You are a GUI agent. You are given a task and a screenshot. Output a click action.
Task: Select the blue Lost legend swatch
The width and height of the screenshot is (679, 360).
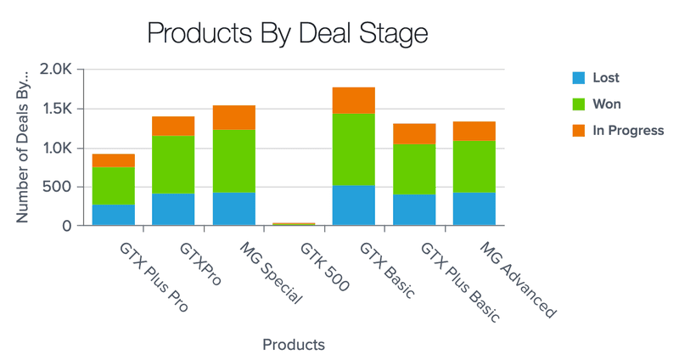pos(579,78)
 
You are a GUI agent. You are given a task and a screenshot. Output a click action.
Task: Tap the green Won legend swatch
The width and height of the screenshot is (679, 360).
pos(579,104)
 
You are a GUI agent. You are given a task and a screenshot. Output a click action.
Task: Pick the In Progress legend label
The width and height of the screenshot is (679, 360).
pos(628,131)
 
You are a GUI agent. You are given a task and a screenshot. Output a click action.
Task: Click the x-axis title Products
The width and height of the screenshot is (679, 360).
pos(294,345)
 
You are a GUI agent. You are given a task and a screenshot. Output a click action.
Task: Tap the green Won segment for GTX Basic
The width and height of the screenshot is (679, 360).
pos(354,149)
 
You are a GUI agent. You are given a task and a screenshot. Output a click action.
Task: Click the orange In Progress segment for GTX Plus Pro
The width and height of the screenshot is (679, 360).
pos(114,160)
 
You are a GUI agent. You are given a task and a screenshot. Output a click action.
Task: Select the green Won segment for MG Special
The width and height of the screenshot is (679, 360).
pos(234,161)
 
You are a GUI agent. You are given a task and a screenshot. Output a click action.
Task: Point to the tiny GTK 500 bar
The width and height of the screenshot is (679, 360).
pos(294,223)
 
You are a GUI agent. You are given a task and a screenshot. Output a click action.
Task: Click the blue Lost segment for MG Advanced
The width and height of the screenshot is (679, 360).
pos(474,209)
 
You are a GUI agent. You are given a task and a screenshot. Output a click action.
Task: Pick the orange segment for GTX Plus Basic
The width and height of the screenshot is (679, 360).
pos(414,133)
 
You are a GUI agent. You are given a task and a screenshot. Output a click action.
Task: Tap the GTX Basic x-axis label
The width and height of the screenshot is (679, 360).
pos(387,270)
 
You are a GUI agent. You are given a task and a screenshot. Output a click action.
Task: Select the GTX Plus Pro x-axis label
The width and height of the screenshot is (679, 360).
pos(152,278)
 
